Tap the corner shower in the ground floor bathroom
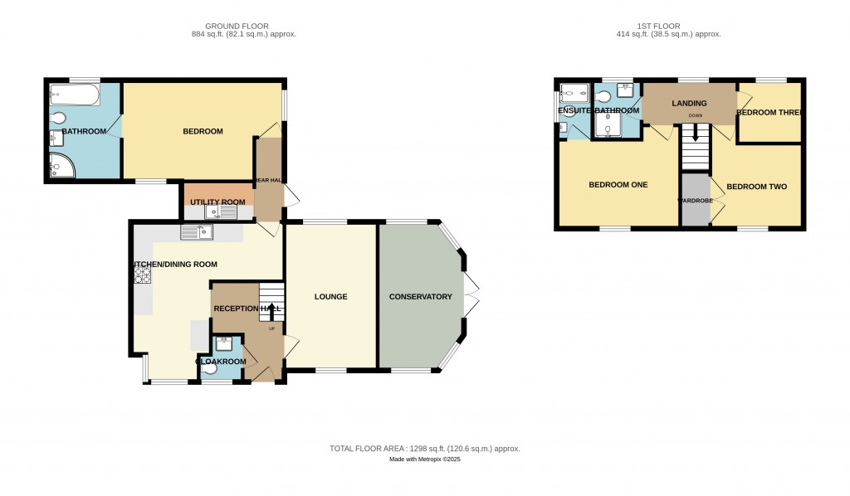(x=60, y=166)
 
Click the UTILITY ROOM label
(x=217, y=202)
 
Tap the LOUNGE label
(x=330, y=297)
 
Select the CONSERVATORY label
(x=420, y=297)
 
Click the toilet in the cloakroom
(x=211, y=368)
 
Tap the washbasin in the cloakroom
(x=223, y=344)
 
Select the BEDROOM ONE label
(x=618, y=185)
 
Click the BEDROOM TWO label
(x=756, y=187)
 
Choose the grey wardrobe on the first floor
(x=696, y=207)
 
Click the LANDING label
(x=689, y=104)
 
